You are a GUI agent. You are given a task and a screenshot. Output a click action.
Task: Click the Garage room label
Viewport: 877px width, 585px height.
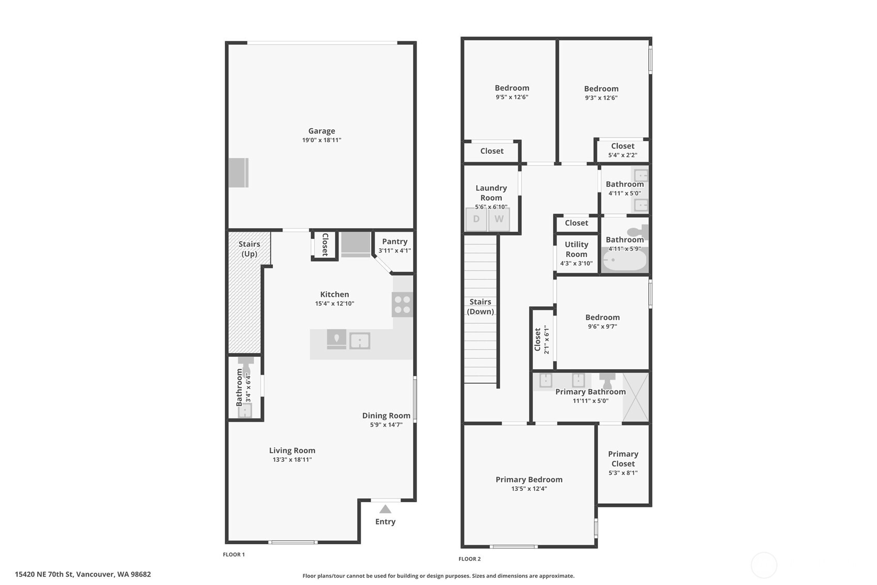click(321, 131)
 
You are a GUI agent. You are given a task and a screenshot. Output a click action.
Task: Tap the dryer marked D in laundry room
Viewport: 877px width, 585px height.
click(476, 219)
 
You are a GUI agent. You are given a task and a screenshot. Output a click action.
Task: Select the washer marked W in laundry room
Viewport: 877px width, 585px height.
click(499, 219)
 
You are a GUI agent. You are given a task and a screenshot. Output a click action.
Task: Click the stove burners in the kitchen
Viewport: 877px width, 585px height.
click(402, 304)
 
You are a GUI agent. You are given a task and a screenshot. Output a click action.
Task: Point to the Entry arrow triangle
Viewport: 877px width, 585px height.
click(385, 509)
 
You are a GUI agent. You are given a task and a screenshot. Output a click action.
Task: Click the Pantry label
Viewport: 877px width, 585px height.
click(394, 242)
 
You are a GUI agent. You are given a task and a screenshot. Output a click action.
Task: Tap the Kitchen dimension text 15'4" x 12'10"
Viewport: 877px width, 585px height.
click(334, 304)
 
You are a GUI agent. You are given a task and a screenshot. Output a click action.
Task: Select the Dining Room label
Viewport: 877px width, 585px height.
click(386, 415)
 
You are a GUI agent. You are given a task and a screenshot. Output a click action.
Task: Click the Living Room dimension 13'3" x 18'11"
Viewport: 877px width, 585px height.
click(292, 459)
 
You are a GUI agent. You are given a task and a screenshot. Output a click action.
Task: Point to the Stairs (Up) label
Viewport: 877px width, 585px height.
click(249, 249)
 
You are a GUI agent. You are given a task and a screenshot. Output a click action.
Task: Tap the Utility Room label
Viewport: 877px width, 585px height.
click(576, 249)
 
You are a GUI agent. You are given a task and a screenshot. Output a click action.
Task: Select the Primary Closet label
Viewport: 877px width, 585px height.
click(623, 458)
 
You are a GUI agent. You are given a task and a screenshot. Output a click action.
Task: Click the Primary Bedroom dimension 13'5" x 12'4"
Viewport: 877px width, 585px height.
click(529, 488)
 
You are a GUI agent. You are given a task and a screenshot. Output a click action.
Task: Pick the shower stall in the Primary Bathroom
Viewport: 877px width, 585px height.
click(635, 397)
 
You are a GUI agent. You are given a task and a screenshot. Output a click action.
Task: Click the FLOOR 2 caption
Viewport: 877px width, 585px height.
click(469, 559)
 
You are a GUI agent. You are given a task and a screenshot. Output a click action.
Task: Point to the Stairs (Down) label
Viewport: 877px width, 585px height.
click(480, 306)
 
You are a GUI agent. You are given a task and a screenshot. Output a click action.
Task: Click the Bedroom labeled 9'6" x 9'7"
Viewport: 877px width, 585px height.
click(602, 318)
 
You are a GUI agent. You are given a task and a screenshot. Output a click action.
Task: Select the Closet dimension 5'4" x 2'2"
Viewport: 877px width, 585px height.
click(622, 155)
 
